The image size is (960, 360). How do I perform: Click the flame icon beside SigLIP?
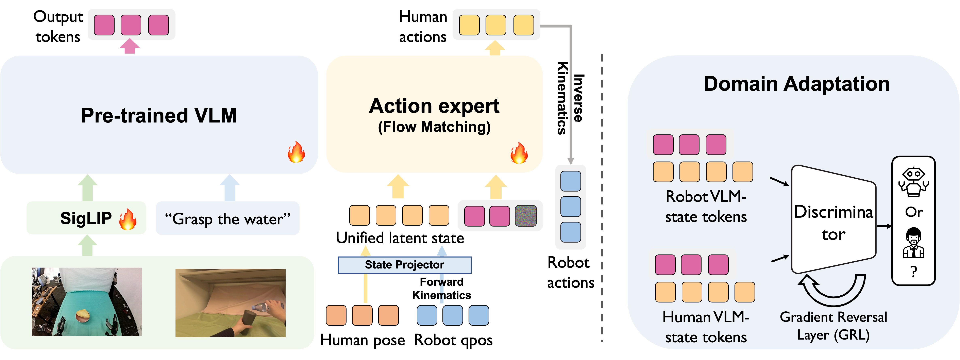pos(128,219)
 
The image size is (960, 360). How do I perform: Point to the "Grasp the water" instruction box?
pos(227,219)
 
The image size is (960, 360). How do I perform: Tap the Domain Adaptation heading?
pos(796,84)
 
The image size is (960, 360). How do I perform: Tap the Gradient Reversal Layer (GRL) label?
pos(833,326)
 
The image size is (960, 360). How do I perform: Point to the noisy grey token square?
pos(525,216)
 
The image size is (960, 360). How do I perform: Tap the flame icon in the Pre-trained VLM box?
pos(296,152)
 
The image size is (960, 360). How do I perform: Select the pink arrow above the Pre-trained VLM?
pos(130,47)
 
